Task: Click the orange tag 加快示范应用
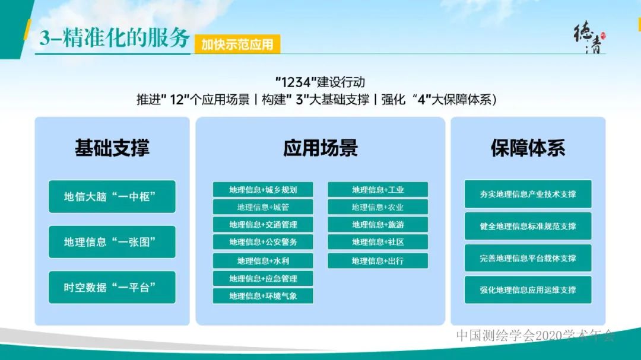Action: [237, 44]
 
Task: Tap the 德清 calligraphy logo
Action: [588, 39]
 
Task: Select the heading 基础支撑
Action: [112, 148]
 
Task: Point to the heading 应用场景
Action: [320, 148]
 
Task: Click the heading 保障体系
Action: [528, 148]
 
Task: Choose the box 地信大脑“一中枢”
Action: [112, 196]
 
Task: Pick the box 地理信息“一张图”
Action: [112, 242]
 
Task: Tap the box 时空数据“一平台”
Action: [112, 287]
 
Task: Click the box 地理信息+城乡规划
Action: [263, 190]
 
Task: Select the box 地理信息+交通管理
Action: [263, 225]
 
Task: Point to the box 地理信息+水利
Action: [263, 261]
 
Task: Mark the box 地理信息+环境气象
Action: [263, 295]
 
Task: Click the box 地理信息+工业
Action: [377, 190]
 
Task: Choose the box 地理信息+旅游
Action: [377, 225]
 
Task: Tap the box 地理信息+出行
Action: [377, 261]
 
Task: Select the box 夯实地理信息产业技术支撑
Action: [528, 194]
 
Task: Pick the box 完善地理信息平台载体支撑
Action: [528, 258]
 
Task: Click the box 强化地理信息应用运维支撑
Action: [528, 290]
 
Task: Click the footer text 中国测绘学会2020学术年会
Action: [535, 335]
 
